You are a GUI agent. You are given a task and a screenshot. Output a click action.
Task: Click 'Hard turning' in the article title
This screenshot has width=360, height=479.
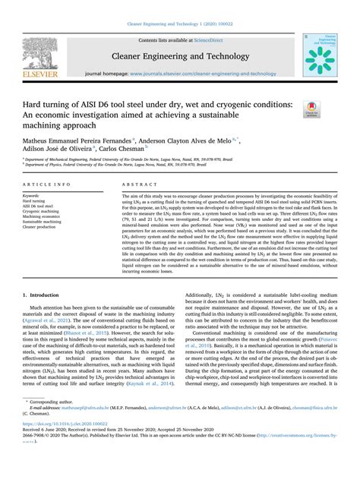tap(46, 103)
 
